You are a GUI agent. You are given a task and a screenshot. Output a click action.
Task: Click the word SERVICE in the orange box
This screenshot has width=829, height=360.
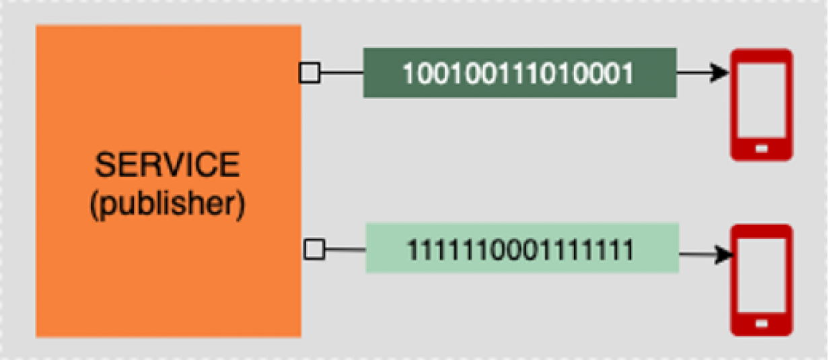click(x=168, y=165)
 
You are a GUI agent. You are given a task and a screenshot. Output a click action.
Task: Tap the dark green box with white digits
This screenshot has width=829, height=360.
click(x=520, y=73)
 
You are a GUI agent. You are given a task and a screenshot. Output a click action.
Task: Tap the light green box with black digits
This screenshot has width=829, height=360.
click(x=522, y=248)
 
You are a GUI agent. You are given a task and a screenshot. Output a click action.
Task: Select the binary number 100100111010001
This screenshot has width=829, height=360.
click(x=518, y=73)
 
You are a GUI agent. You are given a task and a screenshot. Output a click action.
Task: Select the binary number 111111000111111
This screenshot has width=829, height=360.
click(x=520, y=250)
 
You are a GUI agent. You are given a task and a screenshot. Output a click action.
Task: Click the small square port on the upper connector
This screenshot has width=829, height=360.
click(x=310, y=73)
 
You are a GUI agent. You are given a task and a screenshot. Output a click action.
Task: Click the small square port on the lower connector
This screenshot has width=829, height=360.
click(x=314, y=249)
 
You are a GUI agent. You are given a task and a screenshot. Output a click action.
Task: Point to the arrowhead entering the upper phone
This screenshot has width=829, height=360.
click(x=720, y=73)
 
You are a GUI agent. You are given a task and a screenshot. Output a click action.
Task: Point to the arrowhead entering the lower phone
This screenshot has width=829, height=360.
click(x=724, y=254)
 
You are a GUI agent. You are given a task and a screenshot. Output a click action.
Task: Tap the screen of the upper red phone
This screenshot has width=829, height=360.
click(x=761, y=100)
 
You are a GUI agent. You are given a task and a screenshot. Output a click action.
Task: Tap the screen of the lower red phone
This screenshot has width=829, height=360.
click(x=761, y=275)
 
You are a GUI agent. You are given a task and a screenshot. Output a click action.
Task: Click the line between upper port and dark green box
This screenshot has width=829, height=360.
click(x=342, y=73)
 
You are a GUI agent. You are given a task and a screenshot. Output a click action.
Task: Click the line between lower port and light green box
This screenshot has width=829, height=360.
click(x=345, y=250)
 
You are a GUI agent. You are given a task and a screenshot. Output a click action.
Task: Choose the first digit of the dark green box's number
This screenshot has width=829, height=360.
click(x=408, y=73)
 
